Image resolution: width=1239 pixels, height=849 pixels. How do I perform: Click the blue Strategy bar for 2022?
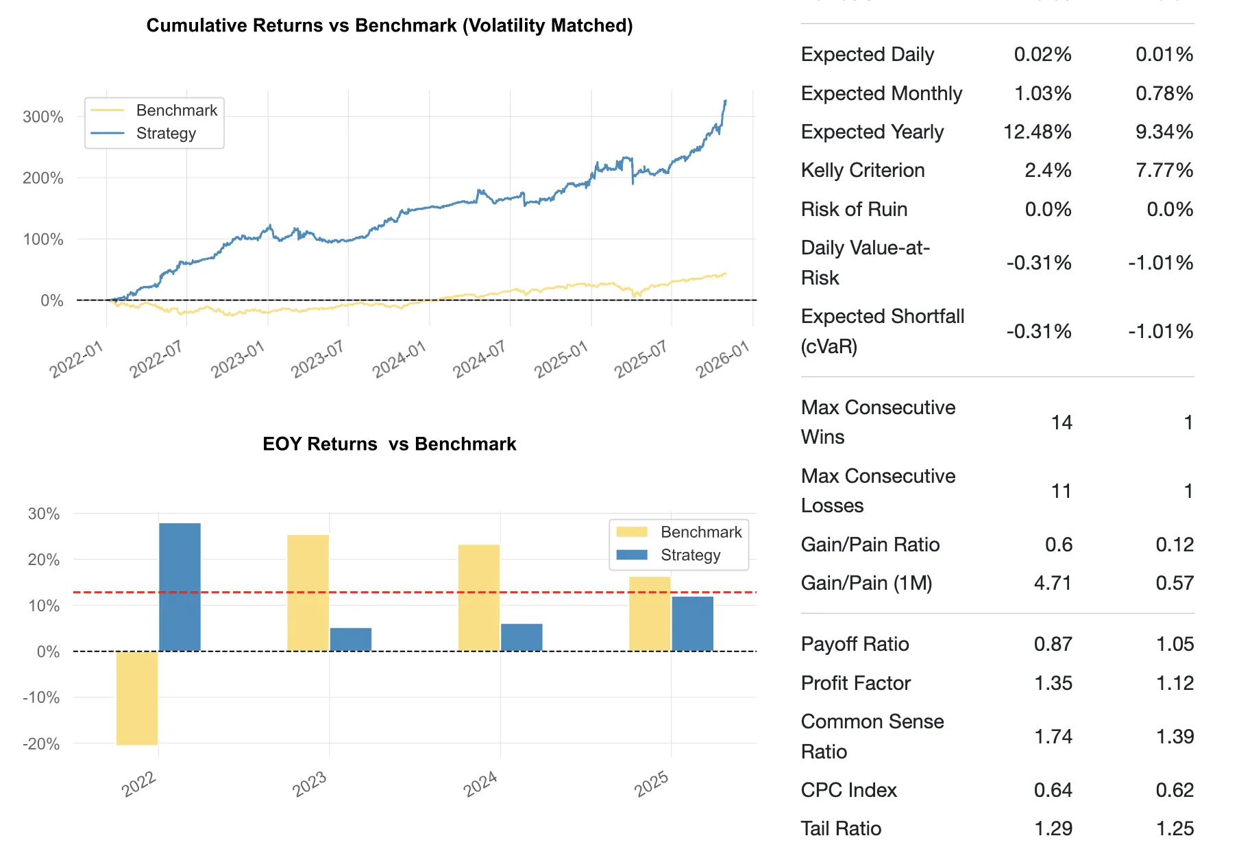pos(180,587)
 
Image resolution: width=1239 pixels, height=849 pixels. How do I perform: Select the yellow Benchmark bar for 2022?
pos(137,697)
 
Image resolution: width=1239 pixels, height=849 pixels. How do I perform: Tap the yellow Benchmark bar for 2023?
pos(308,593)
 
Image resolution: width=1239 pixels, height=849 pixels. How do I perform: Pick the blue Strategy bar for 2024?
pos(522,637)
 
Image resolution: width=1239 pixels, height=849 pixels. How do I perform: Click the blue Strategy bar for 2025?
pos(692,623)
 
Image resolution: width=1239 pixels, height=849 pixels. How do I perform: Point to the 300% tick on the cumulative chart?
pos(43,117)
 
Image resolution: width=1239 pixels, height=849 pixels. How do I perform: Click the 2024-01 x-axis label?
pos(400,359)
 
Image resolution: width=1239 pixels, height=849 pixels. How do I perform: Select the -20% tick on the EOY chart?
pos(41,744)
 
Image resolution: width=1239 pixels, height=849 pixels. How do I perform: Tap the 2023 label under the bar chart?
pos(310,784)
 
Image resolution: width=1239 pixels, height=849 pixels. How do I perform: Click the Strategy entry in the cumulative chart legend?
pos(166,133)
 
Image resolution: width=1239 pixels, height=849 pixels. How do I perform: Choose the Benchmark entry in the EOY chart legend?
pos(700,532)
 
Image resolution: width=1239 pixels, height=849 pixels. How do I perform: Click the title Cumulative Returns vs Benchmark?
pos(389,25)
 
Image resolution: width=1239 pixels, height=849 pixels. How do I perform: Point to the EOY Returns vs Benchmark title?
pos(389,444)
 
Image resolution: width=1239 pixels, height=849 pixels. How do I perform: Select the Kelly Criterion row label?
pos(863,170)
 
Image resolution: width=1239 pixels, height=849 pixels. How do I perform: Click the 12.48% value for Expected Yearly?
pos(1037,132)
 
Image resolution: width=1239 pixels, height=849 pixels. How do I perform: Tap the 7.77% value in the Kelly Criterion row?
pos(1164,170)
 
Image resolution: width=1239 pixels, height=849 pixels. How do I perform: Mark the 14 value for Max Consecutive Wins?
pos(1062,422)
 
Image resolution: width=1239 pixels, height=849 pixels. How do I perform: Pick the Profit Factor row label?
pos(856,683)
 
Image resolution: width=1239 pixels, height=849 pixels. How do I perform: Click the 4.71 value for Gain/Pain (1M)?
pos(1053,583)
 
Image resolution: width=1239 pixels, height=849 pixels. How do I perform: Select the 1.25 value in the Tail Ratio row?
pos(1175,828)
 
